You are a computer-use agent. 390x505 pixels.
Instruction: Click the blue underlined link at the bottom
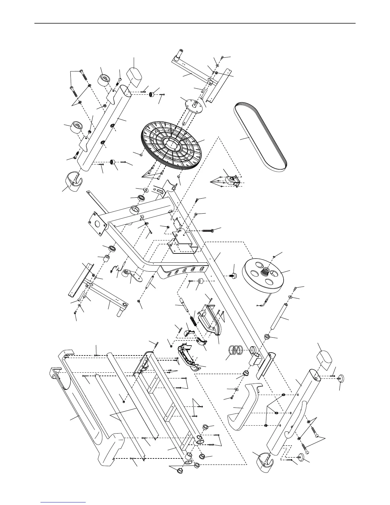64,502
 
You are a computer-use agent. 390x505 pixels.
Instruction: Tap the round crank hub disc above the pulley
194,105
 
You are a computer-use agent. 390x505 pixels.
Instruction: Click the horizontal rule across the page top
195,23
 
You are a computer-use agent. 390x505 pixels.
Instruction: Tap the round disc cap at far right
340,379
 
